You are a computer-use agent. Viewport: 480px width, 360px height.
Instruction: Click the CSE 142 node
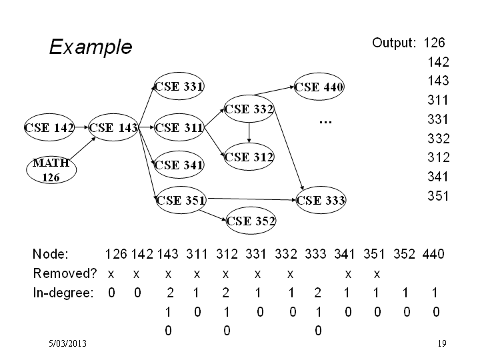click(x=49, y=127)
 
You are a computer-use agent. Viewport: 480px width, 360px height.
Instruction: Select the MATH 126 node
click(x=51, y=169)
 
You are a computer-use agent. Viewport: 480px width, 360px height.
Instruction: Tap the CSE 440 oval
click(x=319, y=87)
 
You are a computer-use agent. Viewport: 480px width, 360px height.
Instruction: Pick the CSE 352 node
click(x=251, y=221)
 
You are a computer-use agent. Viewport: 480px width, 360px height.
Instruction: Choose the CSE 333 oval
click(x=321, y=200)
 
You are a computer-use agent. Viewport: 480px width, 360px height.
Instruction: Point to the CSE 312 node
click(x=249, y=157)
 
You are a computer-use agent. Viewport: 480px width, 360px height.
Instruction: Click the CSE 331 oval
click(x=179, y=86)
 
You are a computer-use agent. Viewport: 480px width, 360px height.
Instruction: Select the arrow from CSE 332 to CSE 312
click(x=249, y=133)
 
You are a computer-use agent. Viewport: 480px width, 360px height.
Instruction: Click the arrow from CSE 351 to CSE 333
click(x=252, y=199)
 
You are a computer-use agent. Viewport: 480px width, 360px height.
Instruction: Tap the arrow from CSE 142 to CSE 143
click(x=81, y=127)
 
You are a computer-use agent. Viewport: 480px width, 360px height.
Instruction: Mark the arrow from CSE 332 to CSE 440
click(x=274, y=91)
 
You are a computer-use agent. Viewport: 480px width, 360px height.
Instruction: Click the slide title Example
click(x=91, y=47)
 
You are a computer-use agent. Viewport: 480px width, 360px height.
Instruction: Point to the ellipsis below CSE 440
click(x=325, y=123)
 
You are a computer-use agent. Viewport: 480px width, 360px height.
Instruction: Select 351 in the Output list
click(x=438, y=196)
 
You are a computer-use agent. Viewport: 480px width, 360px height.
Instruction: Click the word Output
click(x=394, y=43)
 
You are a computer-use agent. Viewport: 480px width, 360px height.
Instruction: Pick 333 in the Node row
click(x=315, y=254)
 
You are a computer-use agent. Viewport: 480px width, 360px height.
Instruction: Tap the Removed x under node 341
click(x=348, y=274)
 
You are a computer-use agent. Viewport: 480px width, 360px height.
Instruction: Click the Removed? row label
click(x=65, y=273)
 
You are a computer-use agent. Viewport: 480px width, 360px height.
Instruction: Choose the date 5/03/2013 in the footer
click(x=67, y=343)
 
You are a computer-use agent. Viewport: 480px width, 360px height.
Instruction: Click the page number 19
click(x=442, y=343)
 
